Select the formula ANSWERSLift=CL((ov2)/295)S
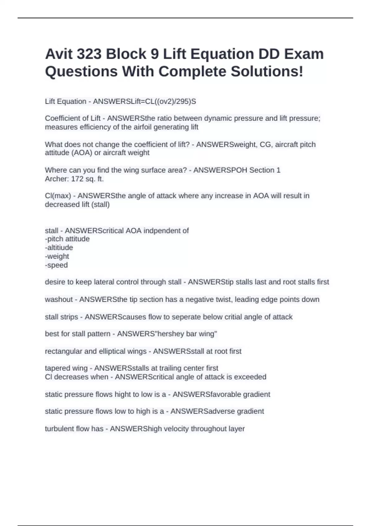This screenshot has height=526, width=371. [x=144, y=101]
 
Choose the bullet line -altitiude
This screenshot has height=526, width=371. [x=59, y=248]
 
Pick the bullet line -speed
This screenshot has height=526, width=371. [x=56, y=265]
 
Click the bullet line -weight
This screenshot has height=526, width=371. [x=57, y=257]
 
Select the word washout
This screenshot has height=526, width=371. [x=59, y=300]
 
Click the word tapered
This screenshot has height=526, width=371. [x=58, y=368]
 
